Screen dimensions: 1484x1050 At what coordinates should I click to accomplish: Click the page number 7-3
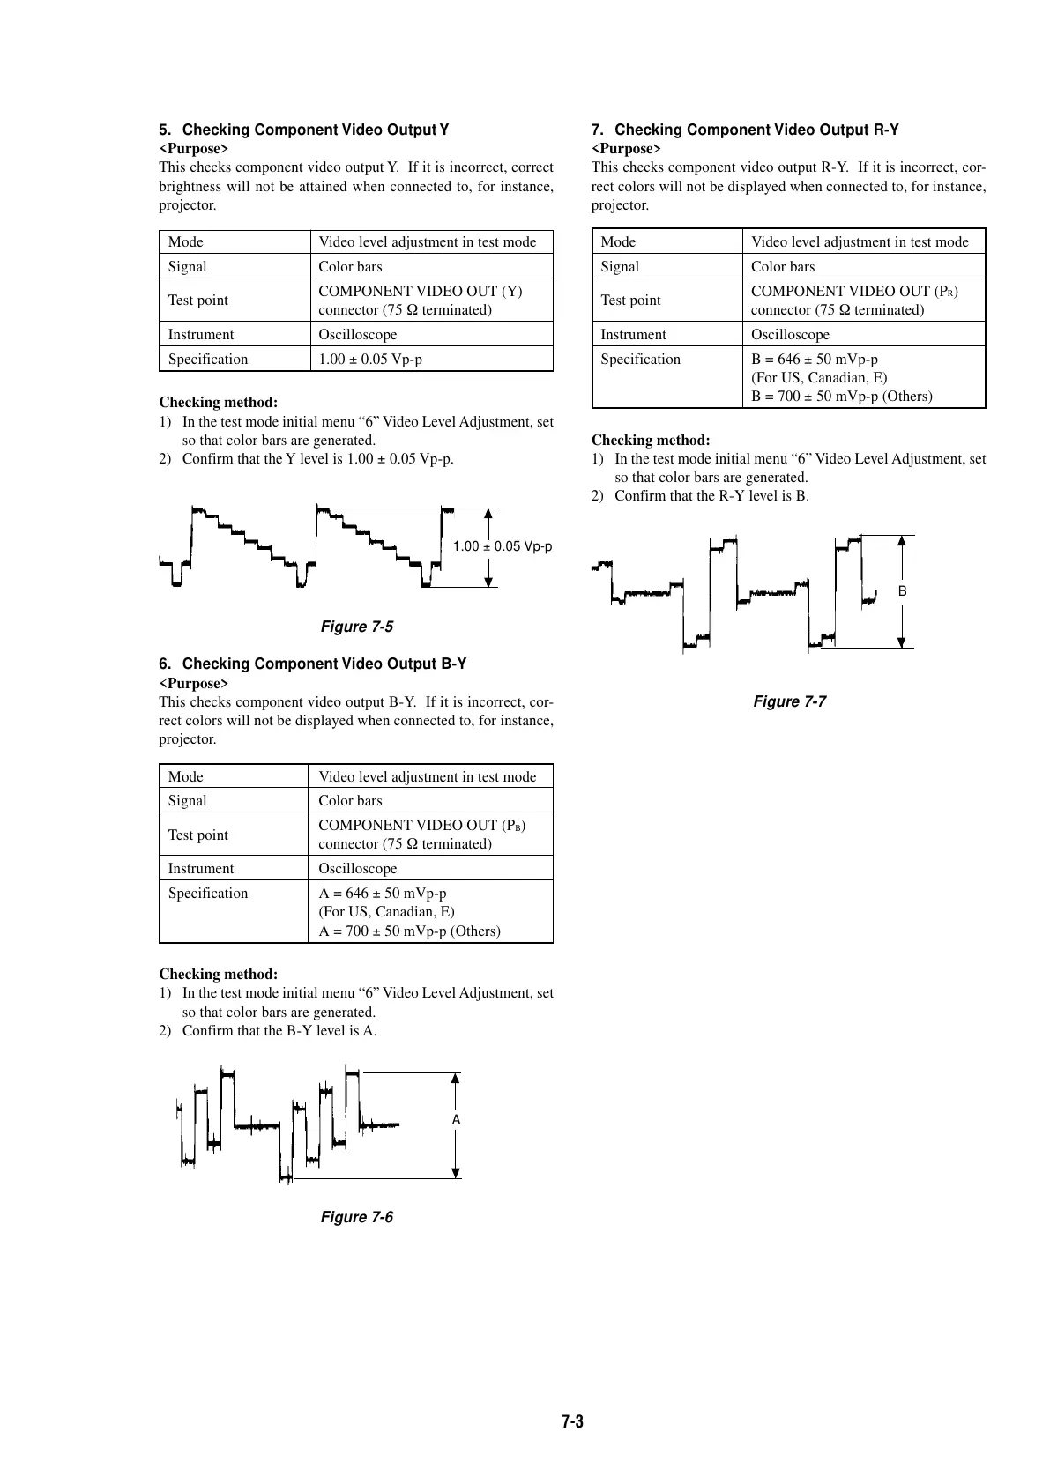[x=572, y=1421]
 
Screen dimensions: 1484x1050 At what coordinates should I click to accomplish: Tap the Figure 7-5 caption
[x=357, y=627]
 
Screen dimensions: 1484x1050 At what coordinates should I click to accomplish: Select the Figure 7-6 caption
[x=357, y=1217]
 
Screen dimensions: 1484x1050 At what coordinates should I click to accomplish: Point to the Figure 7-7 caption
[x=789, y=701]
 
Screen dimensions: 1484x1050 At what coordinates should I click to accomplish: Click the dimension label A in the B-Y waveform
[x=456, y=1120]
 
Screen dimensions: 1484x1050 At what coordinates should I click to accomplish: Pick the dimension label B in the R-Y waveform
[x=902, y=591]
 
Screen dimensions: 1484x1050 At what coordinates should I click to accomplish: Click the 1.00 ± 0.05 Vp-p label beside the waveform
[x=503, y=546]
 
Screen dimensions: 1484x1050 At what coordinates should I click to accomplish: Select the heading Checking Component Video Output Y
[x=315, y=130]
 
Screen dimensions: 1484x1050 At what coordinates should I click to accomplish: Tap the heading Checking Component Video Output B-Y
[x=324, y=664]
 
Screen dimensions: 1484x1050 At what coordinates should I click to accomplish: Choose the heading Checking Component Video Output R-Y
[x=756, y=130]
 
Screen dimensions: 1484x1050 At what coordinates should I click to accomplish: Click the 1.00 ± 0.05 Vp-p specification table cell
[x=370, y=360]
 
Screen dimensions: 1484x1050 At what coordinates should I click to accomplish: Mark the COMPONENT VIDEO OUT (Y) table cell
[x=420, y=291]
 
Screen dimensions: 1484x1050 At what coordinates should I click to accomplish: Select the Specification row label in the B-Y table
[x=208, y=894]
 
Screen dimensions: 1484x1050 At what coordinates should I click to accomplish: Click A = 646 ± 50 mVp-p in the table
[x=383, y=894]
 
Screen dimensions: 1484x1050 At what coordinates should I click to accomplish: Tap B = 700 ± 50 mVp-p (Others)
[x=841, y=397]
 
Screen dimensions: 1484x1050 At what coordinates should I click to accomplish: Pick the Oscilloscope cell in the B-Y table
[x=358, y=869]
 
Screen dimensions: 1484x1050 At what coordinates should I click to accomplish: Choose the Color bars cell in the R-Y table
[x=783, y=267]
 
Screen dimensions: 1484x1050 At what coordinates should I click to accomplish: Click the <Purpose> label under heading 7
[x=626, y=149]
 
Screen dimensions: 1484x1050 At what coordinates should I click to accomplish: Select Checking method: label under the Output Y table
[x=218, y=403]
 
